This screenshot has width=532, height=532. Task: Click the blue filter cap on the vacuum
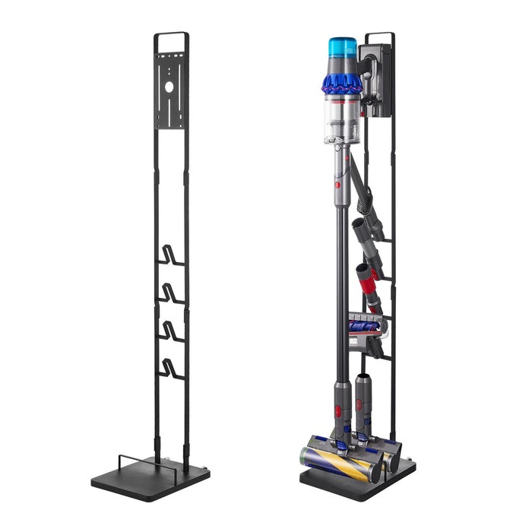pos(343,48)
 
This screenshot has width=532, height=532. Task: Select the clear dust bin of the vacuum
pos(342,118)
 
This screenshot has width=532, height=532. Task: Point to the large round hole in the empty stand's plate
pos(169,87)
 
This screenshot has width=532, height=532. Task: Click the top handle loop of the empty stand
pos(171,35)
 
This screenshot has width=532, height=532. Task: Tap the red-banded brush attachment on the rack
pos(368,282)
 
